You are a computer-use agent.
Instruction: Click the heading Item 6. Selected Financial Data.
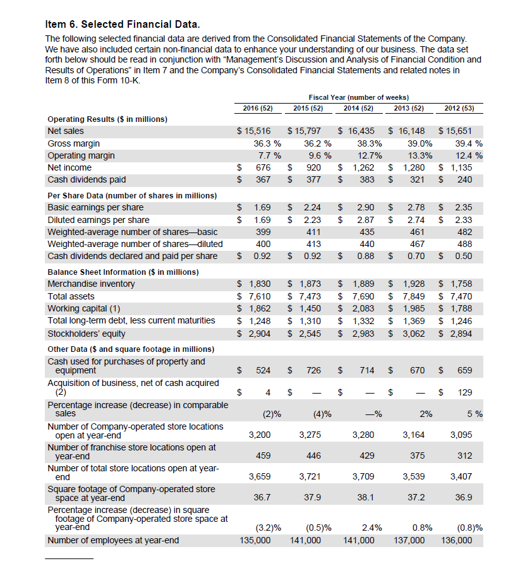point(123,25)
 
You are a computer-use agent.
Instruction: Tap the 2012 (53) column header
point(460,108)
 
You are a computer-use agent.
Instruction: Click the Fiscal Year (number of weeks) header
point(359,97)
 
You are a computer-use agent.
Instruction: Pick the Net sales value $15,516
point(253,131)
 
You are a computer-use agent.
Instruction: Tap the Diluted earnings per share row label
point(99,220)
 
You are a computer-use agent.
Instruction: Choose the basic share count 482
point(464,232)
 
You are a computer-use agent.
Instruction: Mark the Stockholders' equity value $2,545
point(305,333)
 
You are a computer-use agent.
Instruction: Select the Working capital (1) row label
point(84,309)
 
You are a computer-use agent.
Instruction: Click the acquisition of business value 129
point(464,392)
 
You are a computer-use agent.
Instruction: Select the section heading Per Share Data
point(132,195)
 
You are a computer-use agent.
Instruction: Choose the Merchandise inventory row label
point(91,284)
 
